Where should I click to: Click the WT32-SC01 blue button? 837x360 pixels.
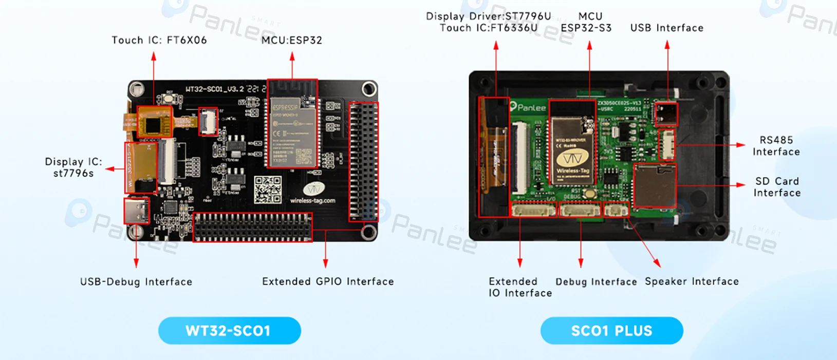229,331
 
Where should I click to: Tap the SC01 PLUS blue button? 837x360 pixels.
611,331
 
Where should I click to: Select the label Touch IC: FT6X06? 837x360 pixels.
159,40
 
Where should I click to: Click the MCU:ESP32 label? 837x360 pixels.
291,40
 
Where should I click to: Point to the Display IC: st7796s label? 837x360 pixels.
73,167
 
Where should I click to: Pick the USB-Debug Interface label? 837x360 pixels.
136,281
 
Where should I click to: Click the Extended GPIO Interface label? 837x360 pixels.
328,281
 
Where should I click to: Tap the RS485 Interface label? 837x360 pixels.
776,146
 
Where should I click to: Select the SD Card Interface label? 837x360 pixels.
777,187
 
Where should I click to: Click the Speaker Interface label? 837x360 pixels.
692,281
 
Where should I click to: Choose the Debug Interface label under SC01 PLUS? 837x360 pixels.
596,282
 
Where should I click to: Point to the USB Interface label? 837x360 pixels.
666,28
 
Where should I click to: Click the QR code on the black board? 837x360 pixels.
268,190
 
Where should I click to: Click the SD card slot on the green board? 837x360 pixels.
654,185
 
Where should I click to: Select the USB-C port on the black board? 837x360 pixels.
136,211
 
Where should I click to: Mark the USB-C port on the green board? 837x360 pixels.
666,114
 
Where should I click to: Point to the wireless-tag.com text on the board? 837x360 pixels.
312,200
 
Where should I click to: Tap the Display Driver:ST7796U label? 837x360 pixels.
488,16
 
